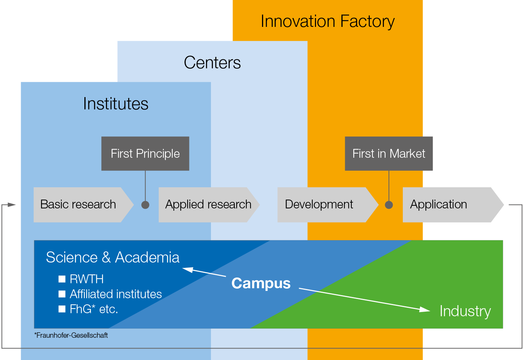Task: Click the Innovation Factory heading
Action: pyautogui.click(x=327, y=21)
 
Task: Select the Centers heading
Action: pyautogui.click(x=212, y=63)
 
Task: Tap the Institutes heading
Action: pyautogui.click(x=115, y=104)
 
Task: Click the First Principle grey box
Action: pyautogui.click(x=145, y=154)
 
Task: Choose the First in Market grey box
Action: pyautogui.click(x=389, y=154)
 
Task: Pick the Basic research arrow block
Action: pyautogui.click(x=78, y=205)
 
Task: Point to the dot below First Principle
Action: pyautogui.click(x=145, y=205)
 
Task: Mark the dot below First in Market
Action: pyautogui.click(x=389, y=205)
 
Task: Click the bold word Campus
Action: pyautogui.click(x=261, y=283)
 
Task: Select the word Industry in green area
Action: pyautogui.click(x=465, y=311)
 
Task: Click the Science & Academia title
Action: pyautogui.click(x=112, y=257)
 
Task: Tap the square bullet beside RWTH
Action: pyautogui.click(x=62, y=279)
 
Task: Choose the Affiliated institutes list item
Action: pyautogui.click(x=115, y=294)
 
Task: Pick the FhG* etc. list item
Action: pyautogui.click(x=94, y=309)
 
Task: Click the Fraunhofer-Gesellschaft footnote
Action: pyautogui.click(x=71, y=335)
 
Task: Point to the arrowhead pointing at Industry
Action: pyautogui.click(x=425, y=309)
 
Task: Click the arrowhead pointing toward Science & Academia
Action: pyautogui.click(x=188, y=269)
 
